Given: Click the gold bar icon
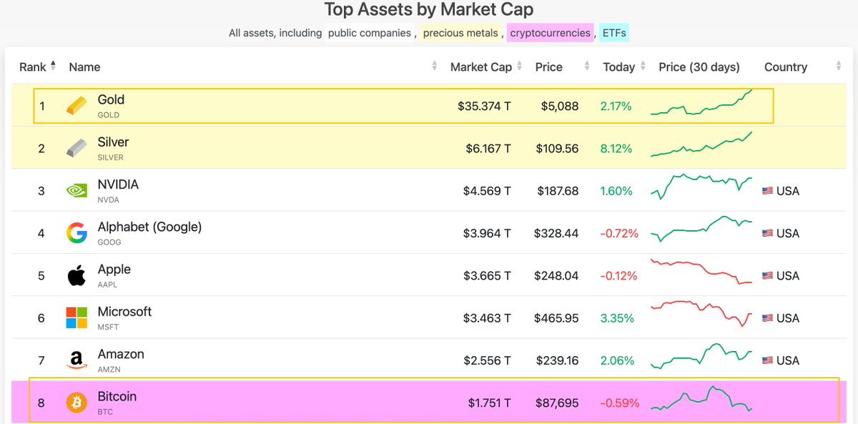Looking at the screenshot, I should point(77,106).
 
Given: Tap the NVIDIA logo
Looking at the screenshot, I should point(77,191).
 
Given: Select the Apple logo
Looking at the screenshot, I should point(77,275).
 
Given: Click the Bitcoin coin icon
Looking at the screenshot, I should point(77,403).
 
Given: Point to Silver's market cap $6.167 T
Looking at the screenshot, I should point(484,149).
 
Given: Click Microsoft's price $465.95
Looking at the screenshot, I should point(556,318).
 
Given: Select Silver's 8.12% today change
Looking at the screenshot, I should point(616,149).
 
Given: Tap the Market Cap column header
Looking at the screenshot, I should point(480,67).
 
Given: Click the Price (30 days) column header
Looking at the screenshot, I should point(699,67).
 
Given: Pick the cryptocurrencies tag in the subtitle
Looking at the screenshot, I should point(550,33).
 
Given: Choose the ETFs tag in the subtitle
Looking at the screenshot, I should point(614,33).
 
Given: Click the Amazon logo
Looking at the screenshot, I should point(77,360).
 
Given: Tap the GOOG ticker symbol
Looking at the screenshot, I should point(109,242).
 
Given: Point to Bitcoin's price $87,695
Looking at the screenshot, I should point(556,403).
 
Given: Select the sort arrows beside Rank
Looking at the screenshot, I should point(53,66).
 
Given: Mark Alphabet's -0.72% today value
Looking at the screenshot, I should point(619,234).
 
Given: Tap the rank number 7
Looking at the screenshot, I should point(41,360).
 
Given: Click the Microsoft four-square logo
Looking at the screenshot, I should point(77,318).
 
